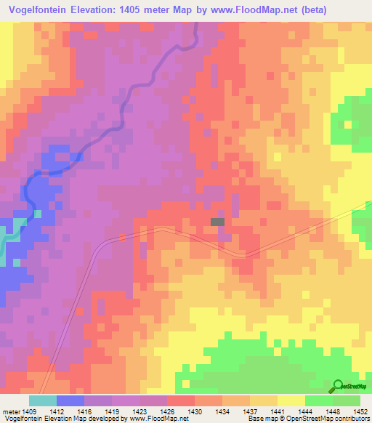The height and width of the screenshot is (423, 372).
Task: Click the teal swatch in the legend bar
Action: (x=42, y=400)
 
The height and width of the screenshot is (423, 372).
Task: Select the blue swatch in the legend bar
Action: (x=70, y=400)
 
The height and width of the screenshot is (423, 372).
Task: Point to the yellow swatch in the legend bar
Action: (x=291, y=400)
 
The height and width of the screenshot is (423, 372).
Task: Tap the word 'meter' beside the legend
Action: (x=12, y=411)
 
